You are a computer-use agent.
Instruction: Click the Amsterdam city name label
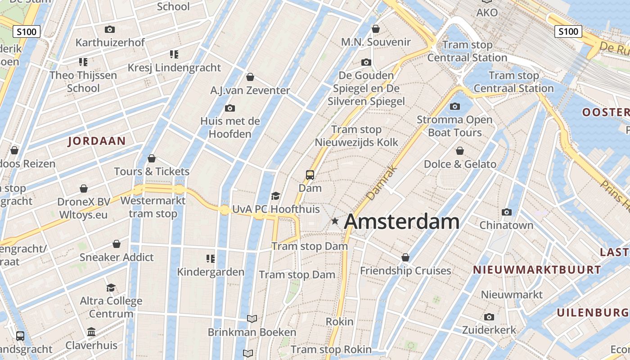[x=401, y=222]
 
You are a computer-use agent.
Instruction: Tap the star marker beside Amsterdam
[x=335, y=221]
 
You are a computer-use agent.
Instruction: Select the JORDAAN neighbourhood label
[x=97, y=141]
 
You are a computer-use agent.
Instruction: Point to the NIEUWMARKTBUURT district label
[x=537, y=270]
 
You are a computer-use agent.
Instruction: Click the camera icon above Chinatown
[x=507, y=212]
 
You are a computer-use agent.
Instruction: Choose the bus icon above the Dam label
[x=310, y=175]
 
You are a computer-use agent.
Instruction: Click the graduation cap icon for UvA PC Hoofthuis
[x=275, y=196]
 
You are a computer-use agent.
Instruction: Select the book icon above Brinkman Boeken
[x=252, y=319]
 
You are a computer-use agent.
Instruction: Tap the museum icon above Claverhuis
[x=91, y=332]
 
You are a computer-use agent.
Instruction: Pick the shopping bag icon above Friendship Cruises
[x=405, y=257]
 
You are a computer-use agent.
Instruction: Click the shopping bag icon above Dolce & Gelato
[x=460, y=151]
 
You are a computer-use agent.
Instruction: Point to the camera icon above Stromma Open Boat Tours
[x=455, y=107]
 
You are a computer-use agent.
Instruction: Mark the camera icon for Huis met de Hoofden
[x=230, y=108]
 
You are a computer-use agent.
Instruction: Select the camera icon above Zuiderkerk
[x=489, y=317]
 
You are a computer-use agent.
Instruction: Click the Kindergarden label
[x=211, y=272]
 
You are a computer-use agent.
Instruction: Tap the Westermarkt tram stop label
[x=153, y=207]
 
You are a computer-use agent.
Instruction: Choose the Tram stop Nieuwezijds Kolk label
[x=356, y=136]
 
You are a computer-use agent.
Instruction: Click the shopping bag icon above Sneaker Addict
[x=117, y=244]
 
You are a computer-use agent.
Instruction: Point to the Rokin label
[x=339, y=322]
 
